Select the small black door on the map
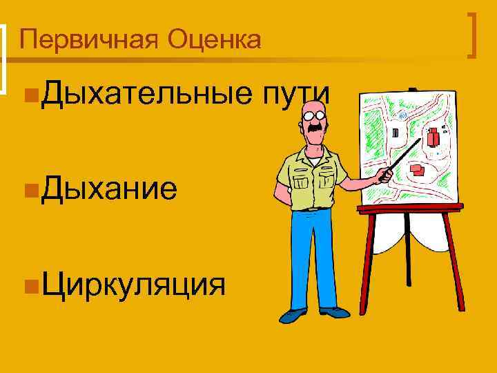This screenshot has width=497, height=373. [395, 131]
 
